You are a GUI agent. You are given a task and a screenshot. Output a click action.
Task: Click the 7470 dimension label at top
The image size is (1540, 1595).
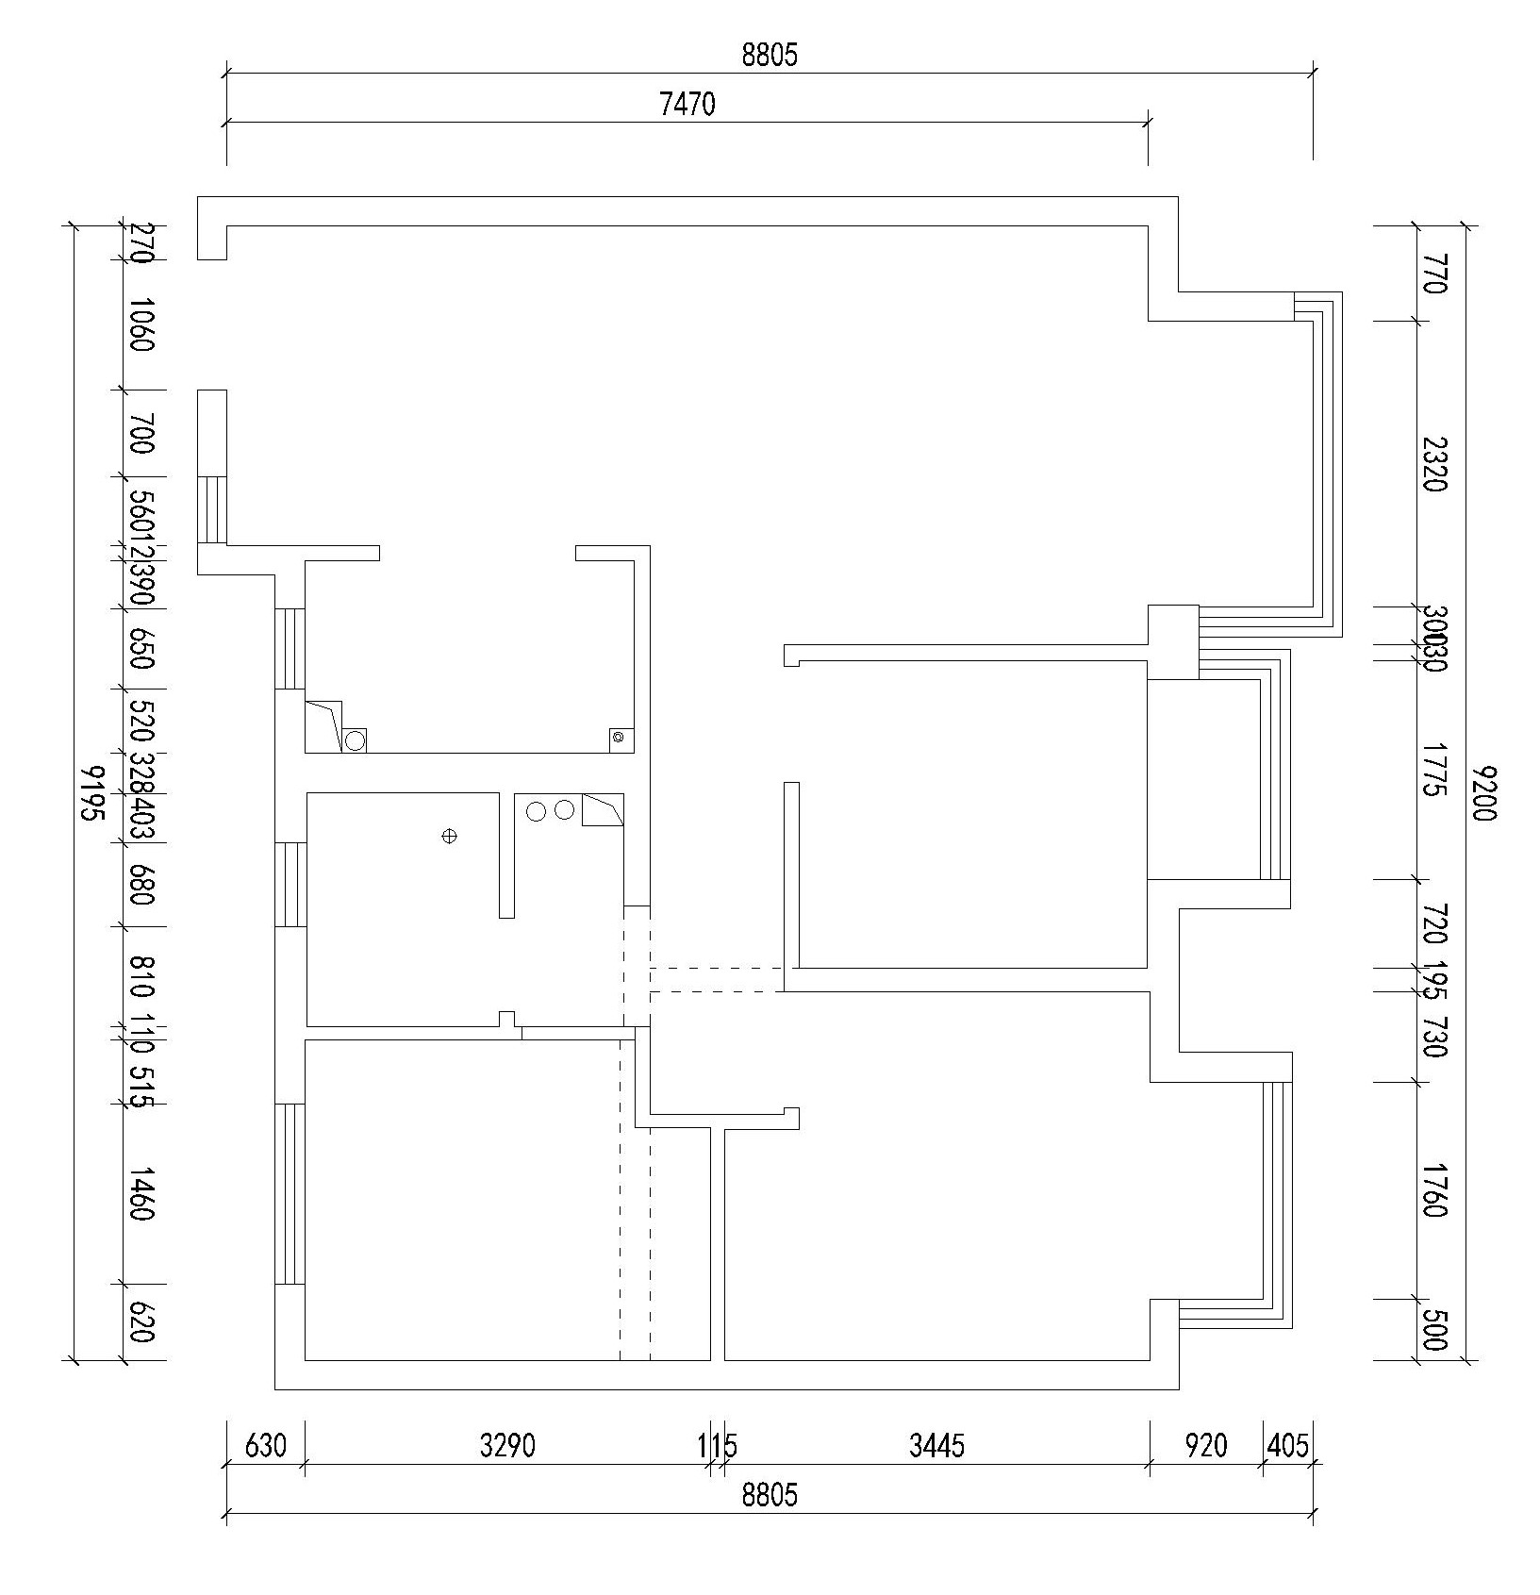click(x=687, y=104)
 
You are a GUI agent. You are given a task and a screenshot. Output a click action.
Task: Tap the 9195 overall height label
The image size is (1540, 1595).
click(x=92, y=793)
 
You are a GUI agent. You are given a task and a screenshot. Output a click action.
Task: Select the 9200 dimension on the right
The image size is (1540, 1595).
click(x=1483, y=793)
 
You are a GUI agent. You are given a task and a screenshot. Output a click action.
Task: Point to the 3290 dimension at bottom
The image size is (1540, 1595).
click(x=507, y=1445)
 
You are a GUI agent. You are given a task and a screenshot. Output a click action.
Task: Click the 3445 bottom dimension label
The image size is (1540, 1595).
click(x=936, y=1445)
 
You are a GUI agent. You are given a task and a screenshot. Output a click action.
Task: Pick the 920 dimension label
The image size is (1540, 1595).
click(x=1205, y=1445)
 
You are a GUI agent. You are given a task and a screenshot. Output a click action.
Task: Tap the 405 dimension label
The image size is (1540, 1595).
click(x=1288, y=1445)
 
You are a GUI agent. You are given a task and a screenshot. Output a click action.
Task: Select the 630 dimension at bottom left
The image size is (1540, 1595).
click(x=265, y=1445)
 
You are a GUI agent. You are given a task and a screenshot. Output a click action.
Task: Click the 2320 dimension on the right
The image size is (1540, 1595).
click(x=1433, y=463)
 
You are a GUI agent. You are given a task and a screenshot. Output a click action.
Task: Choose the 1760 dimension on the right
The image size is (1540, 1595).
click(x=1433, y=1189)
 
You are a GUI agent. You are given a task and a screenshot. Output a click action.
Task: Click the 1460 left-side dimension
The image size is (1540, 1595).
click(x=141, y=1193)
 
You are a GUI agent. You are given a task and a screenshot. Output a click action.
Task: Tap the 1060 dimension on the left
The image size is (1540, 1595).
click(x=141, y=324)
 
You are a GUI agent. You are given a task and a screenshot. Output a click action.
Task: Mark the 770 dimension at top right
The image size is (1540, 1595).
click(x=1433, y=274)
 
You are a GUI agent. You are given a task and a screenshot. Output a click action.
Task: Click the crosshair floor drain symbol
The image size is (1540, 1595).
click(x=450, y=836)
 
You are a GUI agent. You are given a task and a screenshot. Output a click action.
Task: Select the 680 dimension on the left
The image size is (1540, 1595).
click(x=141, y=884)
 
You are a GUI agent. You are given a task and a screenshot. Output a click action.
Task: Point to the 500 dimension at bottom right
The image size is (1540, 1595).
click(x=1433, y=1330)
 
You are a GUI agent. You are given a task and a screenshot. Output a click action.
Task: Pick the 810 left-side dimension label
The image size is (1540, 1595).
click(x=141, y=977)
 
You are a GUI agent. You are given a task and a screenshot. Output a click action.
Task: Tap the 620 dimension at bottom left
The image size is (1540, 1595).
click(x=141, y=1322)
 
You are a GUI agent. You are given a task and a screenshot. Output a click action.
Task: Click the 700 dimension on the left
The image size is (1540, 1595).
click(x=141, y=433)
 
